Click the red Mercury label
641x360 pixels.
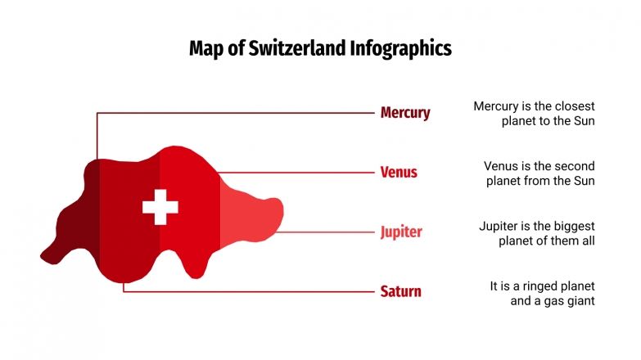coord(404,113)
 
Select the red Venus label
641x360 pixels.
coord(399,173)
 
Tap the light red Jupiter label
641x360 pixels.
coord(401,232)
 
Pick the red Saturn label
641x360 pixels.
coord(400,291)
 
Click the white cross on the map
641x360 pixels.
coord(160,206)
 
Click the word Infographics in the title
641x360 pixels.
coord(400,48)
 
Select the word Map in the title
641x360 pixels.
coord(205,48)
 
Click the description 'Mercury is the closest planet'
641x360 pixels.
coord(534,114)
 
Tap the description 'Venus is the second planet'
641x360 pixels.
coord(539,173)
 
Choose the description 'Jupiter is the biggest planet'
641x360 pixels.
coord(536,233)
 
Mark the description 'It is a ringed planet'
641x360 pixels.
coord(542,293)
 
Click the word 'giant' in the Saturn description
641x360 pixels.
coord(578,300)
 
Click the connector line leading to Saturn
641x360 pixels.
coord(246,291)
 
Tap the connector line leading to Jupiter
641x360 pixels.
coord(327,232)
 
